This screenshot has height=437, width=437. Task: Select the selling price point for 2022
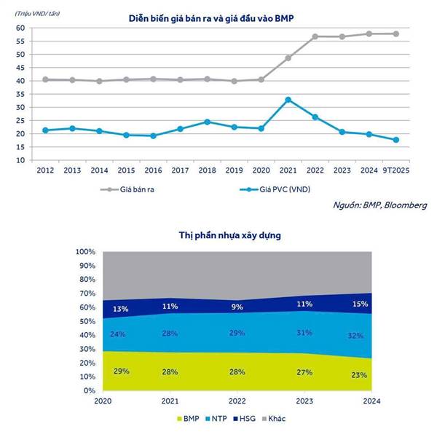(315, 36)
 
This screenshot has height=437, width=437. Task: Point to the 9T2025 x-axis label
(396, 170)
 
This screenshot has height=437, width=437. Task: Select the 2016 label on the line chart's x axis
(152, 170)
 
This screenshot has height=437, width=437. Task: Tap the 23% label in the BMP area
(358, 376)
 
